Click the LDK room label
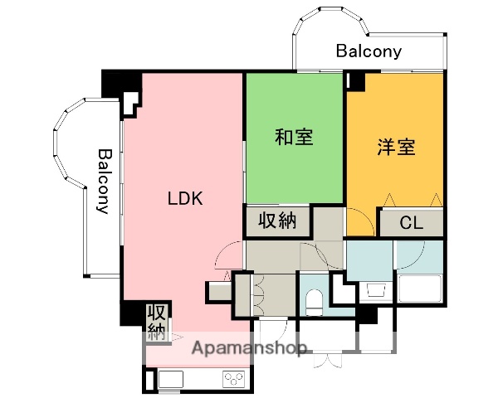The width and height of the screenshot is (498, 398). (x=185, y=199)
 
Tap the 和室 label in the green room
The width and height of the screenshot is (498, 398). (x=294, y=138)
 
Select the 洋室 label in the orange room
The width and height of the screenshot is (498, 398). (x=395, y=148)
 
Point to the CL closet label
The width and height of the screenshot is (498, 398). (x=411, y=222)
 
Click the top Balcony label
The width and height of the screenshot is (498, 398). (x=369, y=51)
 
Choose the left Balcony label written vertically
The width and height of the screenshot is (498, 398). (x=104, y=181)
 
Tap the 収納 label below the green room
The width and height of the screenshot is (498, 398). (x=276, y=221)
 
